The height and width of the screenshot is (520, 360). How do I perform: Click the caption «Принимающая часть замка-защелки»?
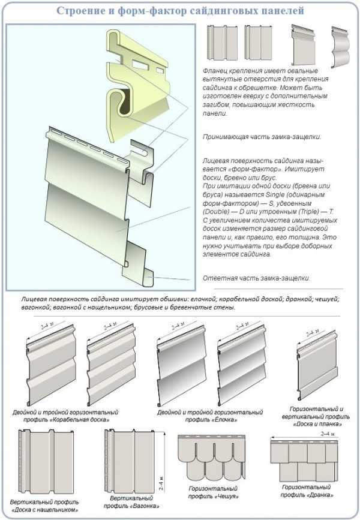coord(261,137)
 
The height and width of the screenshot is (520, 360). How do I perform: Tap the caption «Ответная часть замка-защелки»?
coord(256,278)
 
